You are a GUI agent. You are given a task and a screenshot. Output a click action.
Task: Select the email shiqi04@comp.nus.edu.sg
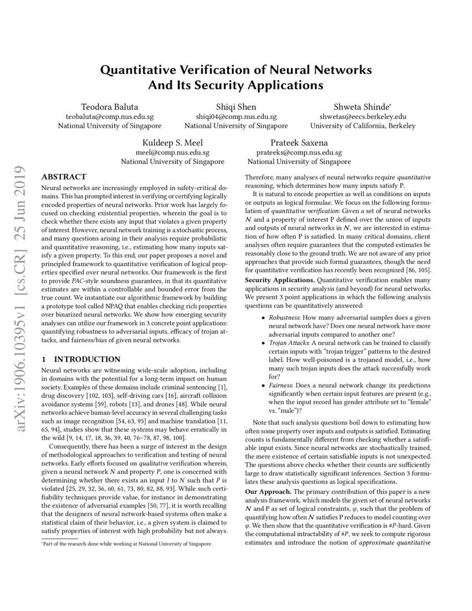236,117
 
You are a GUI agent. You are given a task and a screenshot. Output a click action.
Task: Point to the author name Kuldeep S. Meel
172,142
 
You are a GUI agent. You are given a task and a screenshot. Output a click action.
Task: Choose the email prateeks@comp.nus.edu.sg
299,152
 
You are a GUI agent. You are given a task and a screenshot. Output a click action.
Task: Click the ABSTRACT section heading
64,177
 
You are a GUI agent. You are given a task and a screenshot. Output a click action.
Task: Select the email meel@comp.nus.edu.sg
172,152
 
